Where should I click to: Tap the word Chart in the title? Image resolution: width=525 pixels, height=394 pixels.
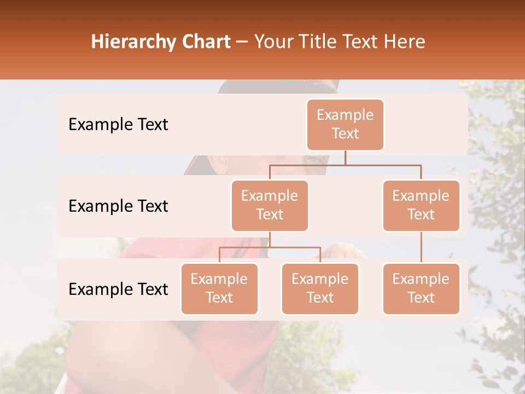[203, 42]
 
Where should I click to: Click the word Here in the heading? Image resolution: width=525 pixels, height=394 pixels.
[405, 42]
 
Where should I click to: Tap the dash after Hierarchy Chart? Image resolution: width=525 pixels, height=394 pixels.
[242, 43]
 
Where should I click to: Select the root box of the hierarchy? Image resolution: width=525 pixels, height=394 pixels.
[345, 124]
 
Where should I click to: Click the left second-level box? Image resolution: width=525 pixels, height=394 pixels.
[270, 205]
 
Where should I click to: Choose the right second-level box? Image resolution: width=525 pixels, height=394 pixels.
[421, 205]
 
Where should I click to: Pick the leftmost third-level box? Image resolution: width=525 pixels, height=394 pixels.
[219, 288]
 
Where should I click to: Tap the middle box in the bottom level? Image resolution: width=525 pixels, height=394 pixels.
[320, 288]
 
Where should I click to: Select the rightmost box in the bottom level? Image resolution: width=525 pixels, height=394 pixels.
[421, 288]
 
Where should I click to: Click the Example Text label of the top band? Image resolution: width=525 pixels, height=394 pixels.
[118, 125]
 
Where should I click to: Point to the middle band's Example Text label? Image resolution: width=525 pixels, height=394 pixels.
[118, 206]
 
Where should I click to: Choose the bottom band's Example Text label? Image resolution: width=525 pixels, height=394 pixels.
[118, 289]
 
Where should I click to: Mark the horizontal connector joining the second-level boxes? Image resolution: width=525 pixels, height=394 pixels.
[345, 165]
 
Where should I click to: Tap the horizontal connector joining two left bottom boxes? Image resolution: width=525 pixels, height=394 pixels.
[270, 248]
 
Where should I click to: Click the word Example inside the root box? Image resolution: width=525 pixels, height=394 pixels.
[345, 115]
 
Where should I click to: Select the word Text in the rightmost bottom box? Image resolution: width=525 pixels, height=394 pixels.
[421, 298]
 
